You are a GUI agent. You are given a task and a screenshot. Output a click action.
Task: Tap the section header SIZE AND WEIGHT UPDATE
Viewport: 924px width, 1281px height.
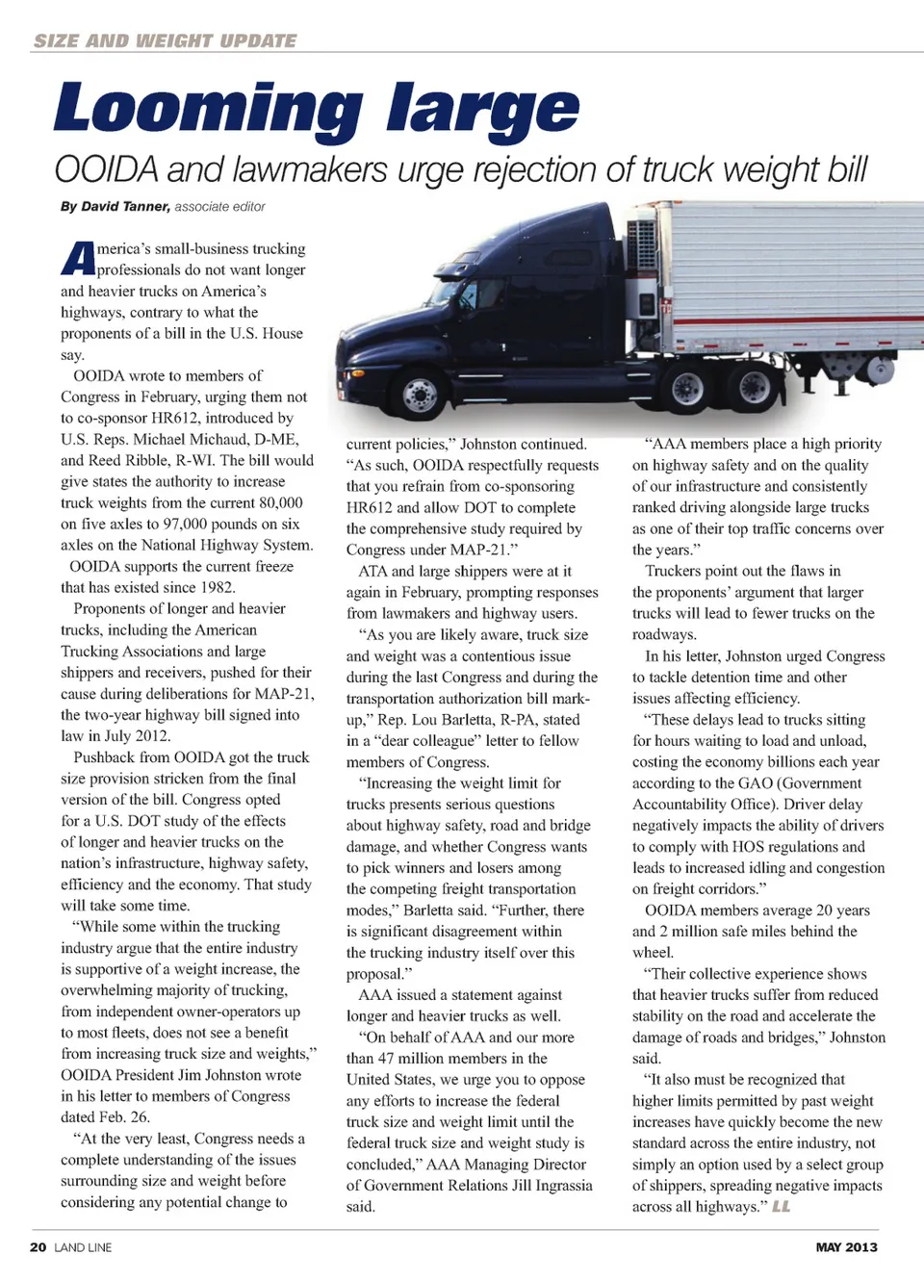pyautogui.click(x=165, y=40)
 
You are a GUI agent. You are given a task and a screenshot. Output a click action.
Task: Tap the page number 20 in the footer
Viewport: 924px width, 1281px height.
pyautogui.click(x=38, y=1246)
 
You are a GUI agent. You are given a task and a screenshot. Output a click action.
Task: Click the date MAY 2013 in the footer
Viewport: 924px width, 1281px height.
pyautogui.click(x=846, y=1246)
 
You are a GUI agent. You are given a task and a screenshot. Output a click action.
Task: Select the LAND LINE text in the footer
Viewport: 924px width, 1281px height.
pyautogui.click(x=83, y=1246)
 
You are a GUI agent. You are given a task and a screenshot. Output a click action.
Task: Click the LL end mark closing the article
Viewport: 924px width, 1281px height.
pyautogui.click(x=781, y=1206)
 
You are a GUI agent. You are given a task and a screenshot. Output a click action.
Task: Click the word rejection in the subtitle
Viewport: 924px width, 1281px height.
pyautogui.click(x=528, y=169)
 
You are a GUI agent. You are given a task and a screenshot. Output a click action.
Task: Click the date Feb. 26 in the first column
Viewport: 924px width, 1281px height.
pyautogui.click(x=124, y=1116)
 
